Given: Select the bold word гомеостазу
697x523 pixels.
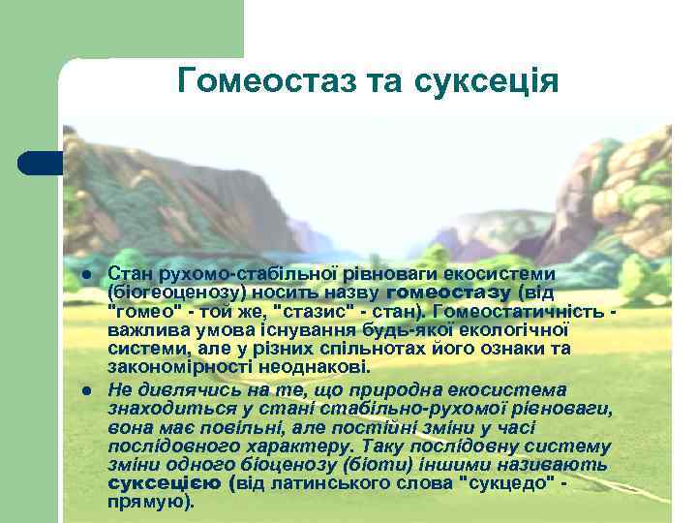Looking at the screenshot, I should click(x=449, y=291).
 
